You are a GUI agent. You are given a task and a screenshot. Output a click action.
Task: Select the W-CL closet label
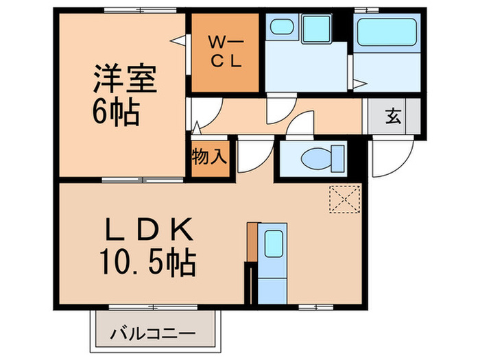tap(224, 51)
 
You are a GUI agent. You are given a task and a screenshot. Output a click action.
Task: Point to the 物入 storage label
tap(209, 156)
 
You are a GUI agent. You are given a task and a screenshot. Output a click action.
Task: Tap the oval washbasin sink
tap(280, 28)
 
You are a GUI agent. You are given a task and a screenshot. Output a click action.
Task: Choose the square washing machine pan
tap(317, 29)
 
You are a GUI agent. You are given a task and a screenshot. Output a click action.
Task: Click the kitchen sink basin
tap(274, 242)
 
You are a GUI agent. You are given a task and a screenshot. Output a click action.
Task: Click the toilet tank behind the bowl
tap(336, 158)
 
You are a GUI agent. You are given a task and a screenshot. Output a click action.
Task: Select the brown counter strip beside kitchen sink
tap(252, 241)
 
